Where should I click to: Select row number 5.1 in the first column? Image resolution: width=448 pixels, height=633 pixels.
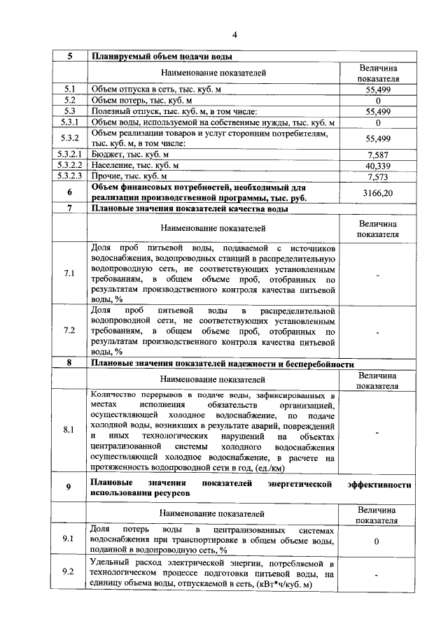(69, 90)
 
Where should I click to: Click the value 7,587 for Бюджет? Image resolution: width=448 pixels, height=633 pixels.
(377, 154)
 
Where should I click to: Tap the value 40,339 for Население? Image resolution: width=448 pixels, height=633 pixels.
(377, 166)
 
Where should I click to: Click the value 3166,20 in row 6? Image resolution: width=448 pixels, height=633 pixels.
(377, 192)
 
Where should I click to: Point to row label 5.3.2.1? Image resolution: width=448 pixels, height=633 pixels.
(69, 154)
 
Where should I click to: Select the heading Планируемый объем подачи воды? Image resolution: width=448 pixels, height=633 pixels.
(162, 57)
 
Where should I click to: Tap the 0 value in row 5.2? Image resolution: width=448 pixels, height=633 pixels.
(377, 101)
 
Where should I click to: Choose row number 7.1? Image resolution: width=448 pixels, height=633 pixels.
(69, 273)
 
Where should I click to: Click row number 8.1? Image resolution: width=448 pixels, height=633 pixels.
(69, 429)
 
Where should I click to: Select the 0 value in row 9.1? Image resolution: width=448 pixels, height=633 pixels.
(377, 541)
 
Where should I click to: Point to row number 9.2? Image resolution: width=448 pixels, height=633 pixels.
(69, 573)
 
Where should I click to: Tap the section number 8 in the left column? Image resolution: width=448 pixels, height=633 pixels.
(69, 363)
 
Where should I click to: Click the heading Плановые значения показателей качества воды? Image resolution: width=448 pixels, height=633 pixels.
(189, 208)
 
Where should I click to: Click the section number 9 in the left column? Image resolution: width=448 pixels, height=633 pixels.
(69, 488)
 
